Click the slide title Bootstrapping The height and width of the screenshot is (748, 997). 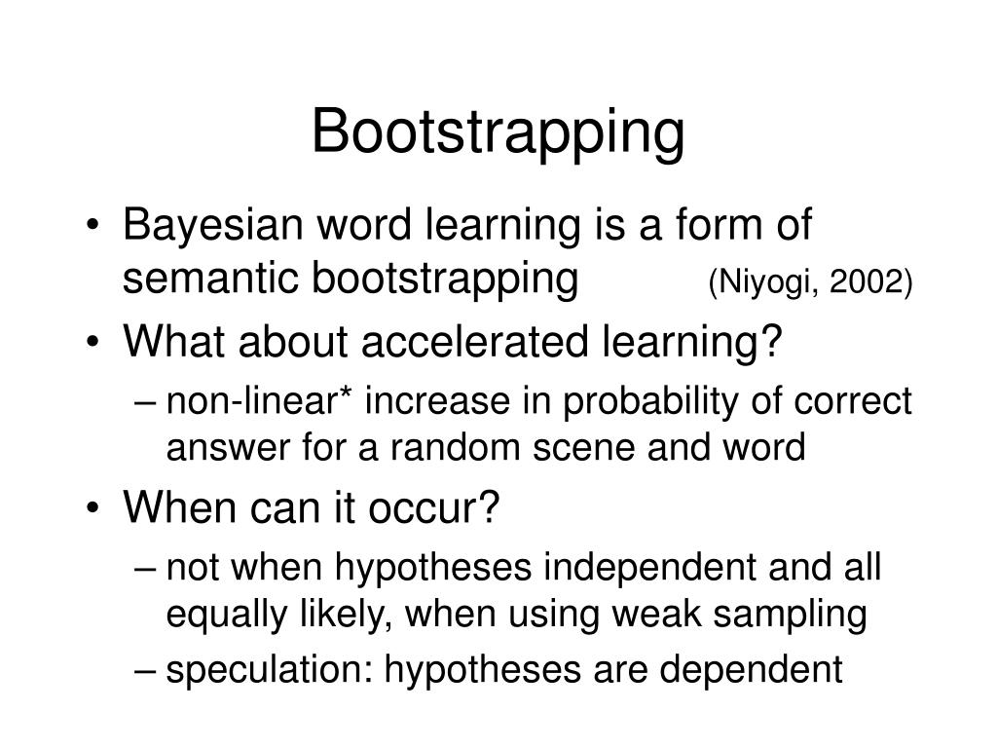[498, 133]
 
